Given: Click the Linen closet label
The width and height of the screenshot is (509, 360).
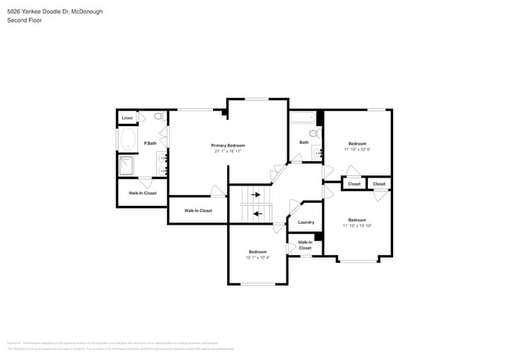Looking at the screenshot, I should (x=127, y=118).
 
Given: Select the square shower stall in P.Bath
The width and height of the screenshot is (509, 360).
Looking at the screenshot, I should (x=127, y=165).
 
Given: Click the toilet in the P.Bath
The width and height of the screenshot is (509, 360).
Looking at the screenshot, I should (x=157, y=117).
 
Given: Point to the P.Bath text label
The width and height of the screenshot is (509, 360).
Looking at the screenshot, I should (x=150, y=143).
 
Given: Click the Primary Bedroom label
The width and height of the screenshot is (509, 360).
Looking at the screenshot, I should (x=228, y=146).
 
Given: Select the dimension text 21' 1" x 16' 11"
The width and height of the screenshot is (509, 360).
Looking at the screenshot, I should (x=228, y=151).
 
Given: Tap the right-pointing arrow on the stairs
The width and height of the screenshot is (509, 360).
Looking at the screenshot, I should (x=255, y=195).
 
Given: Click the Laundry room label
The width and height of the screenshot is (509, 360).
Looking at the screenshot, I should (x=306, y=222).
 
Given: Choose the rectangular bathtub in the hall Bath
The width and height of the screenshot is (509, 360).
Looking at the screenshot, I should (x=301, y=119).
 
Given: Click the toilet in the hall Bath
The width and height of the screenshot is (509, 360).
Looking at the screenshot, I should (x=314, y=134).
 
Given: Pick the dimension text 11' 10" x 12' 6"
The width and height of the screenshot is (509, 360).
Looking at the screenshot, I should (x=357, y=149).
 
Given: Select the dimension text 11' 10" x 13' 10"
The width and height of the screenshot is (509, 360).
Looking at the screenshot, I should (x=357, y=225).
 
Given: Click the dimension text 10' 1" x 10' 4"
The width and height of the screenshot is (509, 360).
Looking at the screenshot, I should (x=258, y=257).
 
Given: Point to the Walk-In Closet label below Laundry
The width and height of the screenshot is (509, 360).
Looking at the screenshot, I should (x=305, y=245).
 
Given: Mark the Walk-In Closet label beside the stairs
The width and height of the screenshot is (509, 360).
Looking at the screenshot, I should (x=198, y=211).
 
